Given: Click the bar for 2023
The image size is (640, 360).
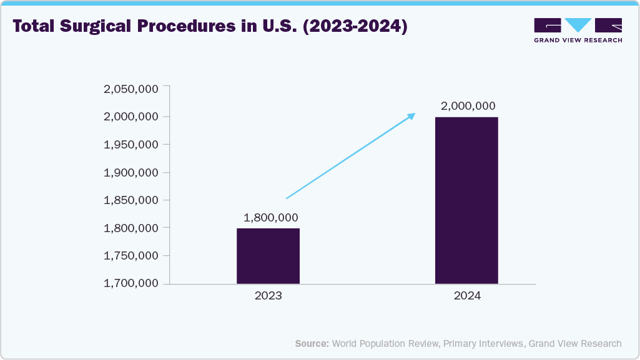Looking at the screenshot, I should (x=268, y=256).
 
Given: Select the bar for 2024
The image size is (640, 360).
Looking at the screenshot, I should (x=466, y=200).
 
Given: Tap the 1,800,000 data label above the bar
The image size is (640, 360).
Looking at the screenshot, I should (x=270, y=218).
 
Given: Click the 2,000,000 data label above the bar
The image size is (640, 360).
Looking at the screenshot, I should (x=468, y=106).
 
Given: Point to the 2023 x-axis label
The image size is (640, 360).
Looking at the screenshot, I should (x=268, y=296).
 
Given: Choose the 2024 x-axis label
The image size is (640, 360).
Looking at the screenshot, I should (x=467, y=296).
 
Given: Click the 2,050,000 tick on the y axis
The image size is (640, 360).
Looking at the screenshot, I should (x=130, y=89).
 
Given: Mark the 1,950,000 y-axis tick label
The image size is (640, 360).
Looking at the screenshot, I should (x=130, y=145).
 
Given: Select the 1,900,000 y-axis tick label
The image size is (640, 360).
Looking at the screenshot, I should (x=130, y=173).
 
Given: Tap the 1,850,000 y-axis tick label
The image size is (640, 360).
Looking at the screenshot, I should (x=130, y=200).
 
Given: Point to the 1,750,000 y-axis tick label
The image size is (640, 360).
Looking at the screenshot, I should (x=130, y=256).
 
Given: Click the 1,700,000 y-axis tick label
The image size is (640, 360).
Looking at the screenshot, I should (x=130, y=284).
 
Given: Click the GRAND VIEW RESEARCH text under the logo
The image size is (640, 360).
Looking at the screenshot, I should (x=578, y=40).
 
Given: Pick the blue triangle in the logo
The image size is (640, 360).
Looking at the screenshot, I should (x=578, y=25).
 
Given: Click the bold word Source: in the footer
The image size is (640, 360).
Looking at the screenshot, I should (x=312, y=343).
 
